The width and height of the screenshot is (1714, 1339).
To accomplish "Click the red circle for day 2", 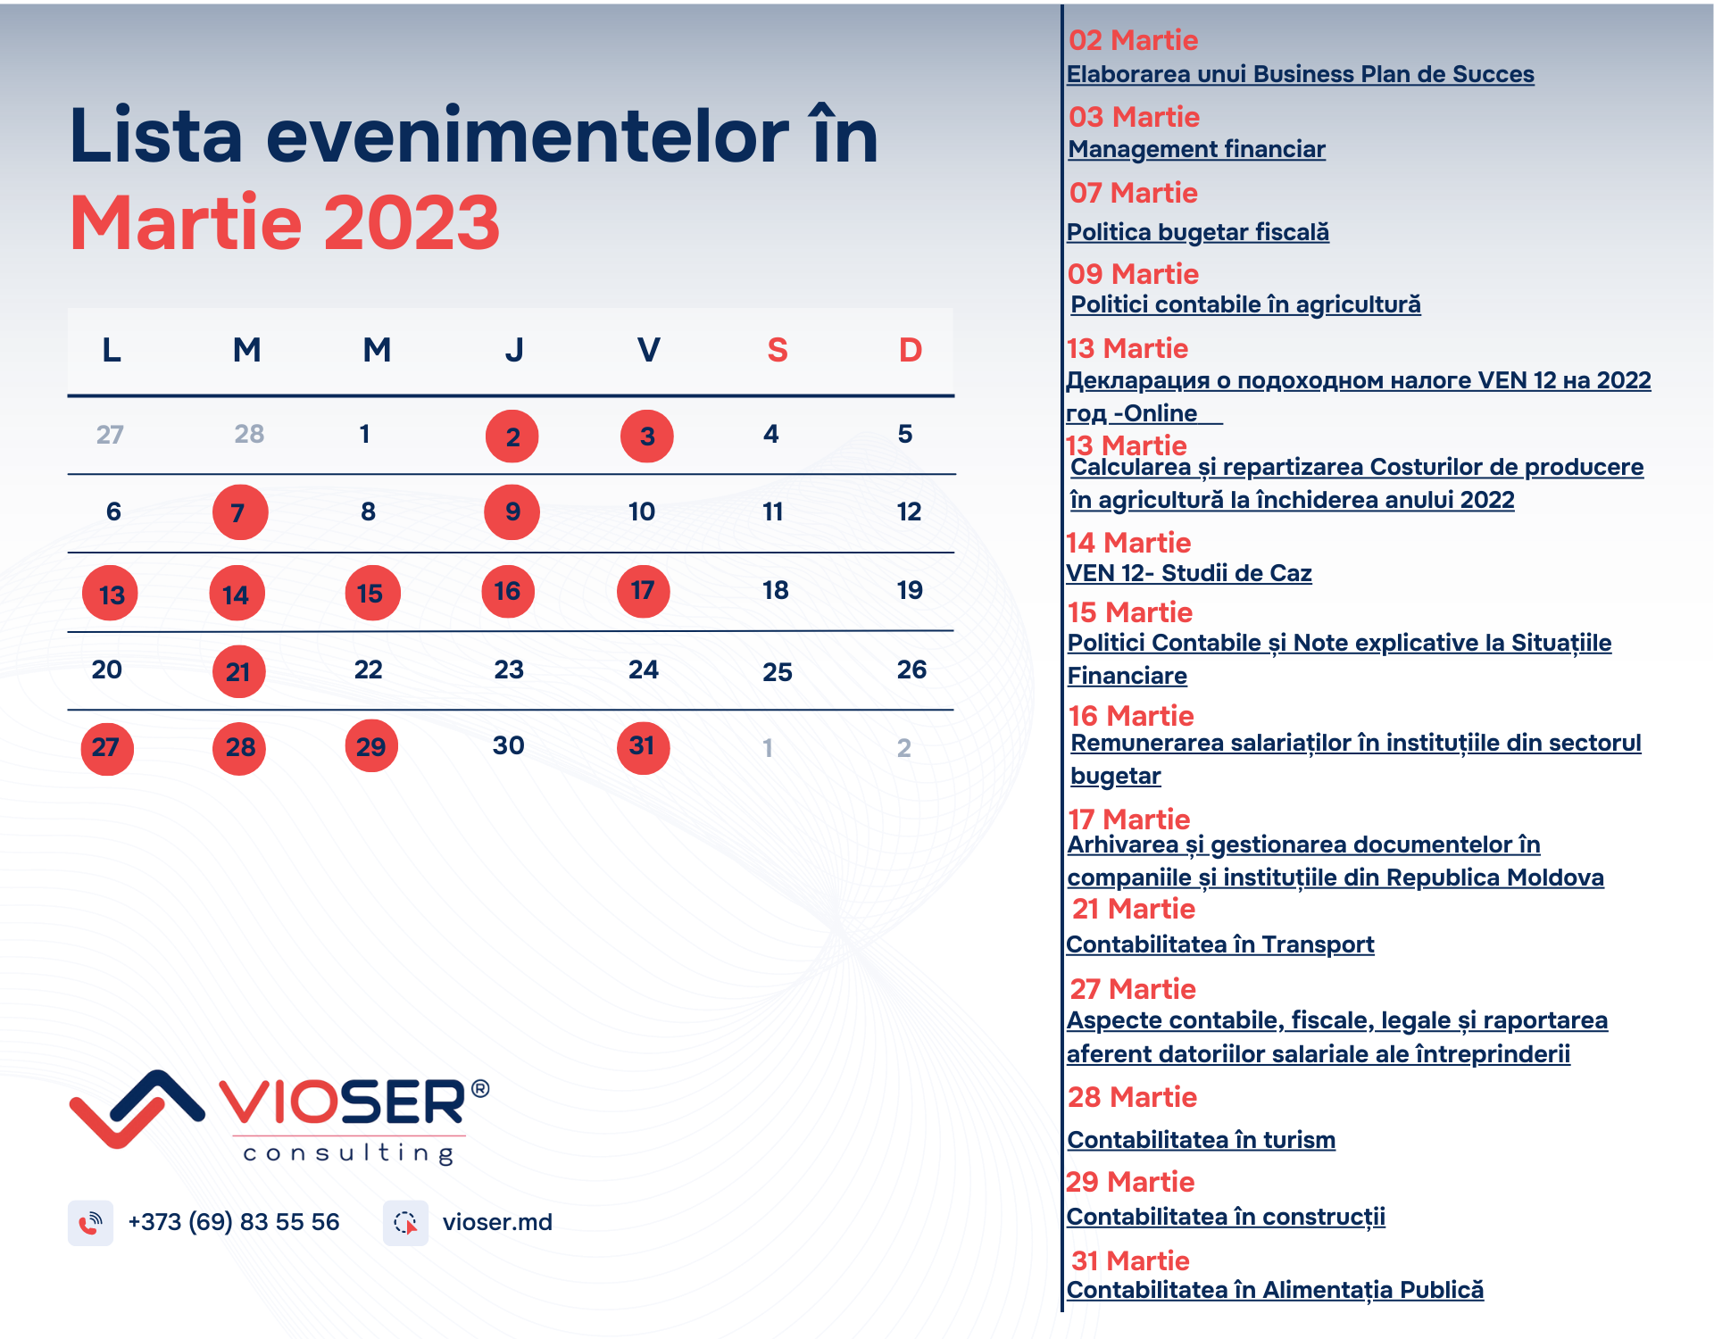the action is point(512,437).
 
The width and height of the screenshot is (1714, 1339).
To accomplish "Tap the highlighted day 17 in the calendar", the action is point(643,591).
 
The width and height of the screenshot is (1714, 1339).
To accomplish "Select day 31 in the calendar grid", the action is point(643,747).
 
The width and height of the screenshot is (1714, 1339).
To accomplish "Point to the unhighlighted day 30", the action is point(509,745).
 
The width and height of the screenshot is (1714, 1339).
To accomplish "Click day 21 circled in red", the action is point(238,671).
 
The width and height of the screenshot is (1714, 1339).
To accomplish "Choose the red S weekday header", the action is point(778,350).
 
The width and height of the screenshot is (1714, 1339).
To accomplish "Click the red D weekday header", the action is point(911,350).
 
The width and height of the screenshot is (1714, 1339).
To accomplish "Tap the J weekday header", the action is point(514,350).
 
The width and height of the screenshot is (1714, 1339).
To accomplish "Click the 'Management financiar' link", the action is point(1197,149).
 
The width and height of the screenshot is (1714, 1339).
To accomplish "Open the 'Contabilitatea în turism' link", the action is point(1202,1140).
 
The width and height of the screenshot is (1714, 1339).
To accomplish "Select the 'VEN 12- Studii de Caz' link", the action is point(1189,573).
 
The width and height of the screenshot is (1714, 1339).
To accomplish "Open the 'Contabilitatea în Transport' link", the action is point(1220,944).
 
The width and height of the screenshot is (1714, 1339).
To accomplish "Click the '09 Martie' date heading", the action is point(1134,274).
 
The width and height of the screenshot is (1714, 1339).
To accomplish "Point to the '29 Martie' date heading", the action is point(1130,1182).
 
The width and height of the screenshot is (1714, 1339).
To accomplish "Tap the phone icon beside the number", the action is point(90,1223).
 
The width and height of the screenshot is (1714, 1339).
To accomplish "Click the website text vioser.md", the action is point(497,1222).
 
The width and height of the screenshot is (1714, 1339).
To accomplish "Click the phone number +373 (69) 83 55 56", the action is point(234,1222).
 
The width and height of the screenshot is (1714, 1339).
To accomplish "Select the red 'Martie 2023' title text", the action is point(285,222).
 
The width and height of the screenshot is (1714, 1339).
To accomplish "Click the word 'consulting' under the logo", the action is point(349,1153).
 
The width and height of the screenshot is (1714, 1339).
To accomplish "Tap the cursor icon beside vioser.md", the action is point(405,1223).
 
